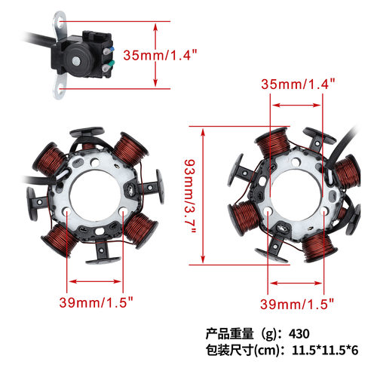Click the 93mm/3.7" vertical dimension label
click(x=190, y=196)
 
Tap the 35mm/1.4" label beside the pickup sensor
click(x=160, y=55)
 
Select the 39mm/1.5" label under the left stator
click(x=96, y=302)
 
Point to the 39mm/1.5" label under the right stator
click(x=297, y=304)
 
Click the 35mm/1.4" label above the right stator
click(x=298, y=84)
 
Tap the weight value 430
click(x=299, y=334)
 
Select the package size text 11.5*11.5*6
click(x=325, y=350)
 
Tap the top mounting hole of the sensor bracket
click(x=60, y=23)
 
